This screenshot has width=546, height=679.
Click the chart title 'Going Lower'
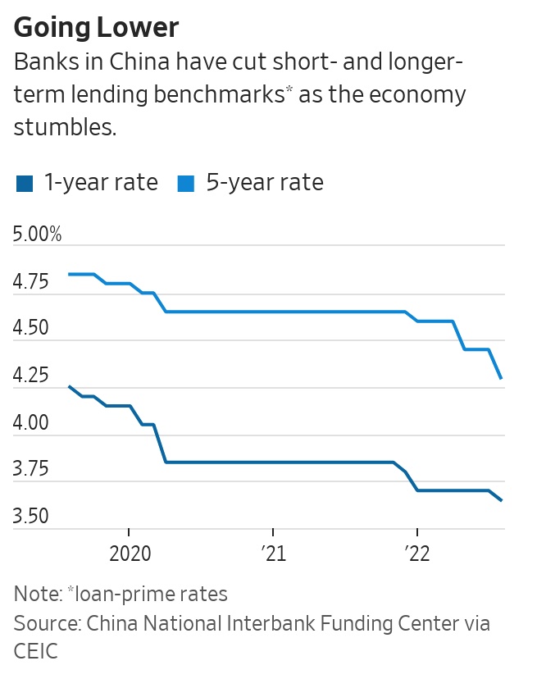click(x=96, y=28)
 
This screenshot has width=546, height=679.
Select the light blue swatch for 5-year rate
click(x=187, y=183)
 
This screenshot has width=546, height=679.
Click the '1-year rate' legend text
click(x=101, y=182)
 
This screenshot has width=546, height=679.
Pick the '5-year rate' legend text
click(x=265, y=182)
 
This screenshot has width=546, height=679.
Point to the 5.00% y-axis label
click(x=38, y=235)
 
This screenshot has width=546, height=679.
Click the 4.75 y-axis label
click(x=32, y=283)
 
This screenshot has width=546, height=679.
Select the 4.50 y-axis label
click(x=32, y=330)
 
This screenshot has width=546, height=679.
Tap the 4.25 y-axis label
click(x=32, y=377)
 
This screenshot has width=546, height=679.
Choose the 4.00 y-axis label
click(x=32, y=424)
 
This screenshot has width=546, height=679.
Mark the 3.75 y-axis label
click(x=32, y=471)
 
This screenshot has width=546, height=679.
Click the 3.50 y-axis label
click(x=32, y=517)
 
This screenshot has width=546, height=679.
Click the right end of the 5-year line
click(x=501, y=378)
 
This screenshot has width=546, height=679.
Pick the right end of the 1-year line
click(x=501, y=500)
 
